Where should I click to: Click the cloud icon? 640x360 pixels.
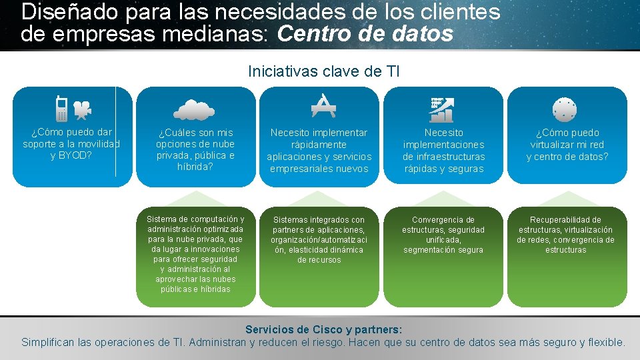point(195,109)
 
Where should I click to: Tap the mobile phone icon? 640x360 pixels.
point(61,109)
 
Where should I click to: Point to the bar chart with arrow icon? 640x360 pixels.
point(442,109)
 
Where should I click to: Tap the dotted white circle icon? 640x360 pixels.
point(564,109)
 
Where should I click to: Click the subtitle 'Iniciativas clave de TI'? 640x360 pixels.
point(323,71)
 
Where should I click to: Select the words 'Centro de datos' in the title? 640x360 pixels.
point(365,34)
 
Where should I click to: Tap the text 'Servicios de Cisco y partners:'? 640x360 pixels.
point(323,329)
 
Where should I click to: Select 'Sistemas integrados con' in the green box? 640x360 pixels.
point(319,219)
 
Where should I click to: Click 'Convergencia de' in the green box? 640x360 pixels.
point(443,219)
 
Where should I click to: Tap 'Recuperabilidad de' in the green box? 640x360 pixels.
point(565,219)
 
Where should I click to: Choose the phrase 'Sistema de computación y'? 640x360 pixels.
point(195,219)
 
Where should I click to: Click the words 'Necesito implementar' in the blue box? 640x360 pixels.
point(319,133)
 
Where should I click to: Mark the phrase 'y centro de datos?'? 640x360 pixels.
point(567,157)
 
